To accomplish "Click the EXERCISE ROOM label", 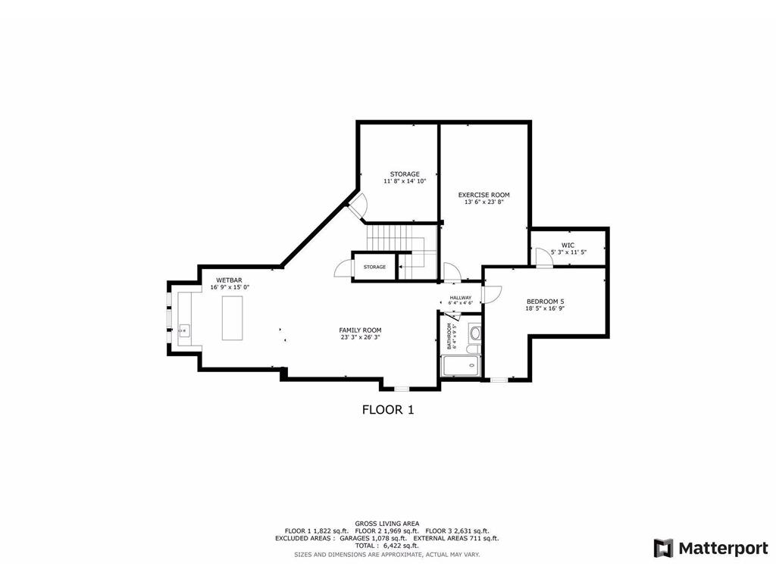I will [483, 195].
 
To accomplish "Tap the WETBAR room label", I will [229, 280].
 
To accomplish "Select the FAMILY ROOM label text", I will [360, 330].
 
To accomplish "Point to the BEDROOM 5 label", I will [546, 301].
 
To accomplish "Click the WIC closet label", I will [568, 245].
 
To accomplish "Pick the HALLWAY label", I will [461, 298].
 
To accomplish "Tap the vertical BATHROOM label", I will [449, 336].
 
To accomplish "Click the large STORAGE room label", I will [405, 174].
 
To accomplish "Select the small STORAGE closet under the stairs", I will [374, 267].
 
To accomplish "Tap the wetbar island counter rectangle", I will [232, 318].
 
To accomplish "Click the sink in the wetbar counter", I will [183, 330].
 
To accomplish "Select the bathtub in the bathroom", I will [460, 366].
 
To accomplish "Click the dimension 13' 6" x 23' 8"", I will [483, 202].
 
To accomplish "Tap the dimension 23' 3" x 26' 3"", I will [360, 338].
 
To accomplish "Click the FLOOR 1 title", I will [387, 410].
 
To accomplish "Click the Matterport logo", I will [711, 548].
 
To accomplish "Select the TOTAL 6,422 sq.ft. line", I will [387, 546].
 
